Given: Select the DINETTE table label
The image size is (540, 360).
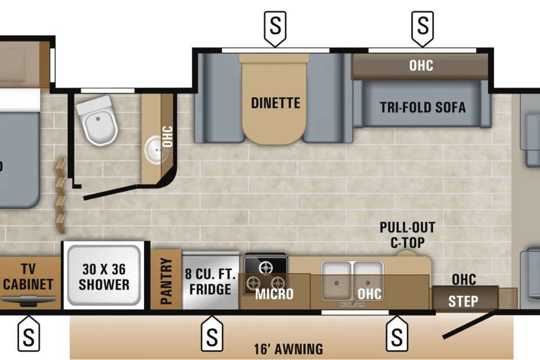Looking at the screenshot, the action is (x=276, y=103).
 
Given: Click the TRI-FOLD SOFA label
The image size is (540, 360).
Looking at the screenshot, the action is (x=422, y=107).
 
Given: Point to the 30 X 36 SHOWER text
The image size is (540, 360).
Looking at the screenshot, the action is (x=104, y=277).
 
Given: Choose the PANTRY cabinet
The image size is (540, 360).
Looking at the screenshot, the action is (x=166, y=279).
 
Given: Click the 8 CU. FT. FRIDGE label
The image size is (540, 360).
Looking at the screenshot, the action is (x=210, y=281).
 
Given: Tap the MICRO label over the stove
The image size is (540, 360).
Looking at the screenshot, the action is (x=274, y=294).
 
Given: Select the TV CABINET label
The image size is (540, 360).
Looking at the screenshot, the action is (x=28, y=277).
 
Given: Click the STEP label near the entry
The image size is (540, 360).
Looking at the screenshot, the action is (x=463, y=301).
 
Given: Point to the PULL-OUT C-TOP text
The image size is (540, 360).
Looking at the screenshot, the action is (x=407, y=235).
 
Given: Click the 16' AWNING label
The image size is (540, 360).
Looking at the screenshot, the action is (x=289, y=349).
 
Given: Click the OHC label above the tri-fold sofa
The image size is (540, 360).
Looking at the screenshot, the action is (x=421, y=65).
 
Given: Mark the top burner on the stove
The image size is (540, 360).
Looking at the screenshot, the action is (x=265, y=267).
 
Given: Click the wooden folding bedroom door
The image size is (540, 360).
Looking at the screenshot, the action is (x=61, y=195).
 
